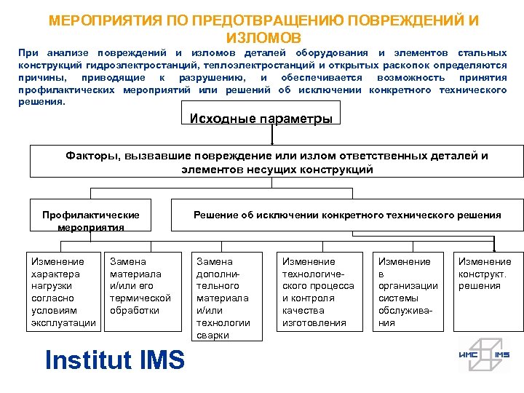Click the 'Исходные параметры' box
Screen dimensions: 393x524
click(261, 119)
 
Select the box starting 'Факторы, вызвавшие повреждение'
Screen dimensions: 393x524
click(277, 162)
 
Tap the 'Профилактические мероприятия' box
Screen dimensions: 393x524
click(91, 221)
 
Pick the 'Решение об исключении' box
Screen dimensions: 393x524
click(347, 215)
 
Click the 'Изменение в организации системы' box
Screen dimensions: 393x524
click(408, 292)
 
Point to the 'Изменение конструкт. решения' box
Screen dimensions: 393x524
click(484, 292)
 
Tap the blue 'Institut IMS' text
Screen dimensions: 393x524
click(115, 360)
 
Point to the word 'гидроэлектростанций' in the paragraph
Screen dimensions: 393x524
click(146, 65)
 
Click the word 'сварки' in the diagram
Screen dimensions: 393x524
click(212, 336)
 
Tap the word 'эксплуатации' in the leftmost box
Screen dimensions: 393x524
click(64, 322)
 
